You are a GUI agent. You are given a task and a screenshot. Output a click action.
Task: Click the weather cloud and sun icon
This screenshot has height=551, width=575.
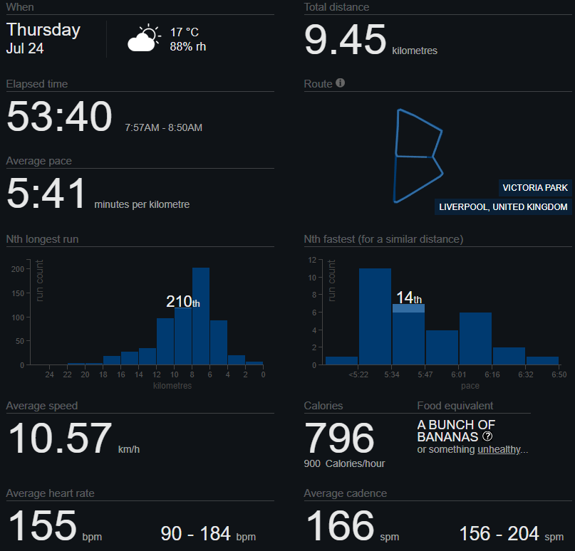click(144, 38)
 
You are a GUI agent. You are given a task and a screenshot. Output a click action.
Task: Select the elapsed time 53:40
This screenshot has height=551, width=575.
click(59, 117)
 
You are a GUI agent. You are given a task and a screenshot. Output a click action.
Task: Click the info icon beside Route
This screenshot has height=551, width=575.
click(340, 83)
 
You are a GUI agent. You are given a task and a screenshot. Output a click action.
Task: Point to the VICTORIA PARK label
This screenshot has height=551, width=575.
click(535, 188)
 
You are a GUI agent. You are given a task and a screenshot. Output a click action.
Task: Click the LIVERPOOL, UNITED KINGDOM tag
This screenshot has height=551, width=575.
click(504, 207)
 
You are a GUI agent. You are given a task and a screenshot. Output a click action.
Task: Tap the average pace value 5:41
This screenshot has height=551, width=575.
click(46, 194)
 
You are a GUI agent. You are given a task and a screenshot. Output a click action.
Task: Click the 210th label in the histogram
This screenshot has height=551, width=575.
click(182, 302)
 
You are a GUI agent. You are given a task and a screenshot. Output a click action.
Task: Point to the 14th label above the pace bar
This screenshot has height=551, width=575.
click(408, 298)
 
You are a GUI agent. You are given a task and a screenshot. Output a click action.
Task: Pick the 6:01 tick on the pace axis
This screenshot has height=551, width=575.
click(459, 374)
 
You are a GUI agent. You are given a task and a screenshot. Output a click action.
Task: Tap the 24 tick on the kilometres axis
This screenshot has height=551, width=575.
click(50, 374)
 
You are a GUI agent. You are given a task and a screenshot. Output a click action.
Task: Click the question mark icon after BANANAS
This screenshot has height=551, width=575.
click(488, 436)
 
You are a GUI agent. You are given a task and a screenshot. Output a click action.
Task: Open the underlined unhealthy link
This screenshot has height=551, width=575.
click(502, 449)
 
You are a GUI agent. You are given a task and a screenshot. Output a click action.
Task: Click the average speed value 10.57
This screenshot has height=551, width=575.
click(60, 439)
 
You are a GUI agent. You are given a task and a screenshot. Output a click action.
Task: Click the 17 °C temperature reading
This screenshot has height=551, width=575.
click(184, 33)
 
